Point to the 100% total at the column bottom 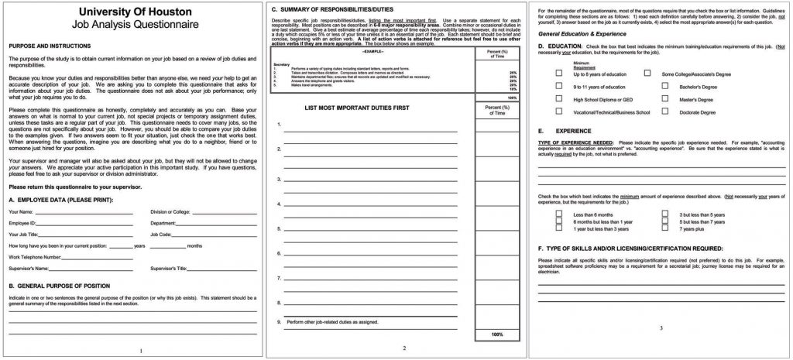tap(496, 334)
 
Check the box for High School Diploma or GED tap(559, 100)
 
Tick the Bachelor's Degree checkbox tap(665, 87)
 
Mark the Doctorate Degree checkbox tap(665, 112)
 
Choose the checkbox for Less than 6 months tap(559, 214)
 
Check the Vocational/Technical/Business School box tap(559, 112)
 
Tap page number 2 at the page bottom tap(403, 348)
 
